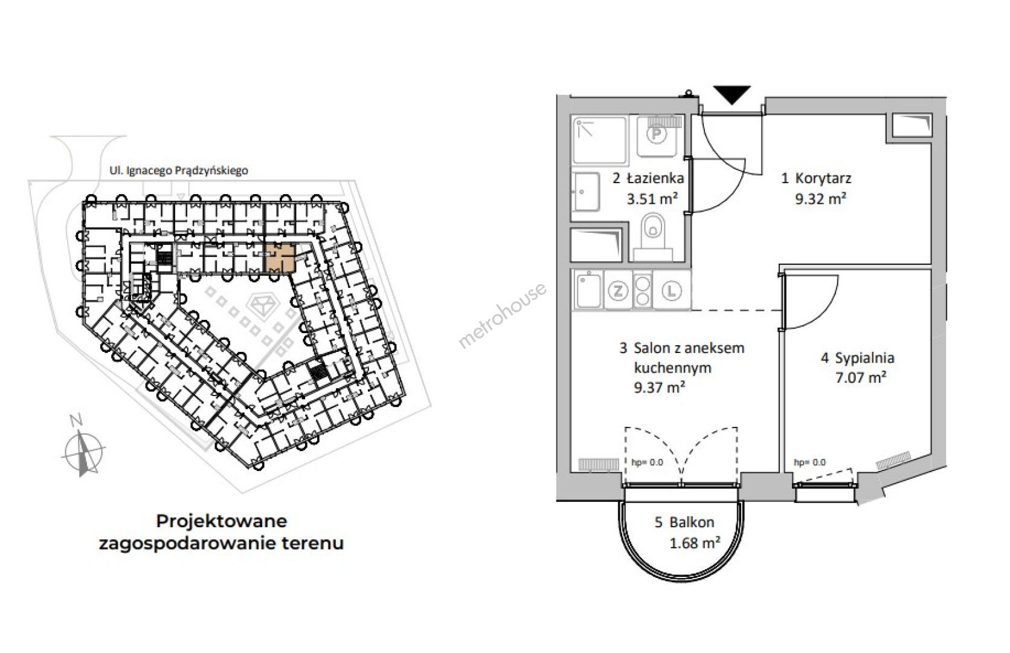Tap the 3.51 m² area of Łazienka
click(652, 198)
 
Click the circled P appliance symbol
click(657, 134)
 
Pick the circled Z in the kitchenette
click(617, 291)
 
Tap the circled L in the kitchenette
click(671, 291)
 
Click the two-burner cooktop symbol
click(642, 291)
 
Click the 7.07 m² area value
click(861, 377)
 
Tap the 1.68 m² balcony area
click(695, 542)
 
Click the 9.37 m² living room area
click(660, 387)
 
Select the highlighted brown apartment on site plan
click(280, 259)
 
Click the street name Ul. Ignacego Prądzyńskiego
click(179, 171)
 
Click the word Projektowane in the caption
click(221, 522)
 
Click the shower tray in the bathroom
click(599, 140)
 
